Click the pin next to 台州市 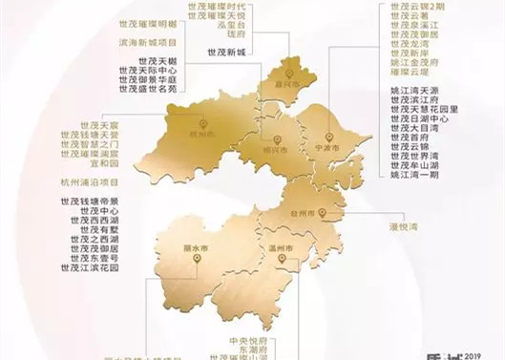(324, 212)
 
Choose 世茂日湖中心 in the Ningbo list (419, 119)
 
